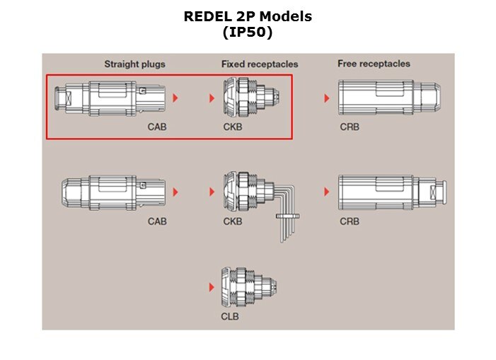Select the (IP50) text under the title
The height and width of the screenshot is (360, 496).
(248, 32)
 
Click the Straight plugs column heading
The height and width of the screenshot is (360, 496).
(134, 64)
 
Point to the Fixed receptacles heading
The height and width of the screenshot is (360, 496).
(260, 64)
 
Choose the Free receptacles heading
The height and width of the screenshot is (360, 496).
(374, 64)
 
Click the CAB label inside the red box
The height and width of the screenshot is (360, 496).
(157, 127)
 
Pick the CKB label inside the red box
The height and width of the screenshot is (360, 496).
(233, 127)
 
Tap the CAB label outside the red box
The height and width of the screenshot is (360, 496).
(157, 221)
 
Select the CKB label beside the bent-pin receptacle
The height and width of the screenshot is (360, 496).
(233, 221)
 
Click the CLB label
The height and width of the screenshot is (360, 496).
(230, 316)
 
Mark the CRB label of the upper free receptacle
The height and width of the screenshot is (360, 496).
(350, 127)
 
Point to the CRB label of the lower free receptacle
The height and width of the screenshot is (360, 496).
(350, 221)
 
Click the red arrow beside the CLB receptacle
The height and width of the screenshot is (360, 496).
(212, 287)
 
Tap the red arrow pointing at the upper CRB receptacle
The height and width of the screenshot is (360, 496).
(327, 98)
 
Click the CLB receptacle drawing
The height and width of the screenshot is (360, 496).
(249, 287)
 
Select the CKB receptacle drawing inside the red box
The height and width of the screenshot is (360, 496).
(251, 98)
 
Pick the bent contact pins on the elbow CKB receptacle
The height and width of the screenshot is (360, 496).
(286, 212)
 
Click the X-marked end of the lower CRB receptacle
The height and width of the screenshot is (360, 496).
(438, 192)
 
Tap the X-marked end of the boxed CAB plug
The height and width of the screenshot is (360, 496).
(64, 98)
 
